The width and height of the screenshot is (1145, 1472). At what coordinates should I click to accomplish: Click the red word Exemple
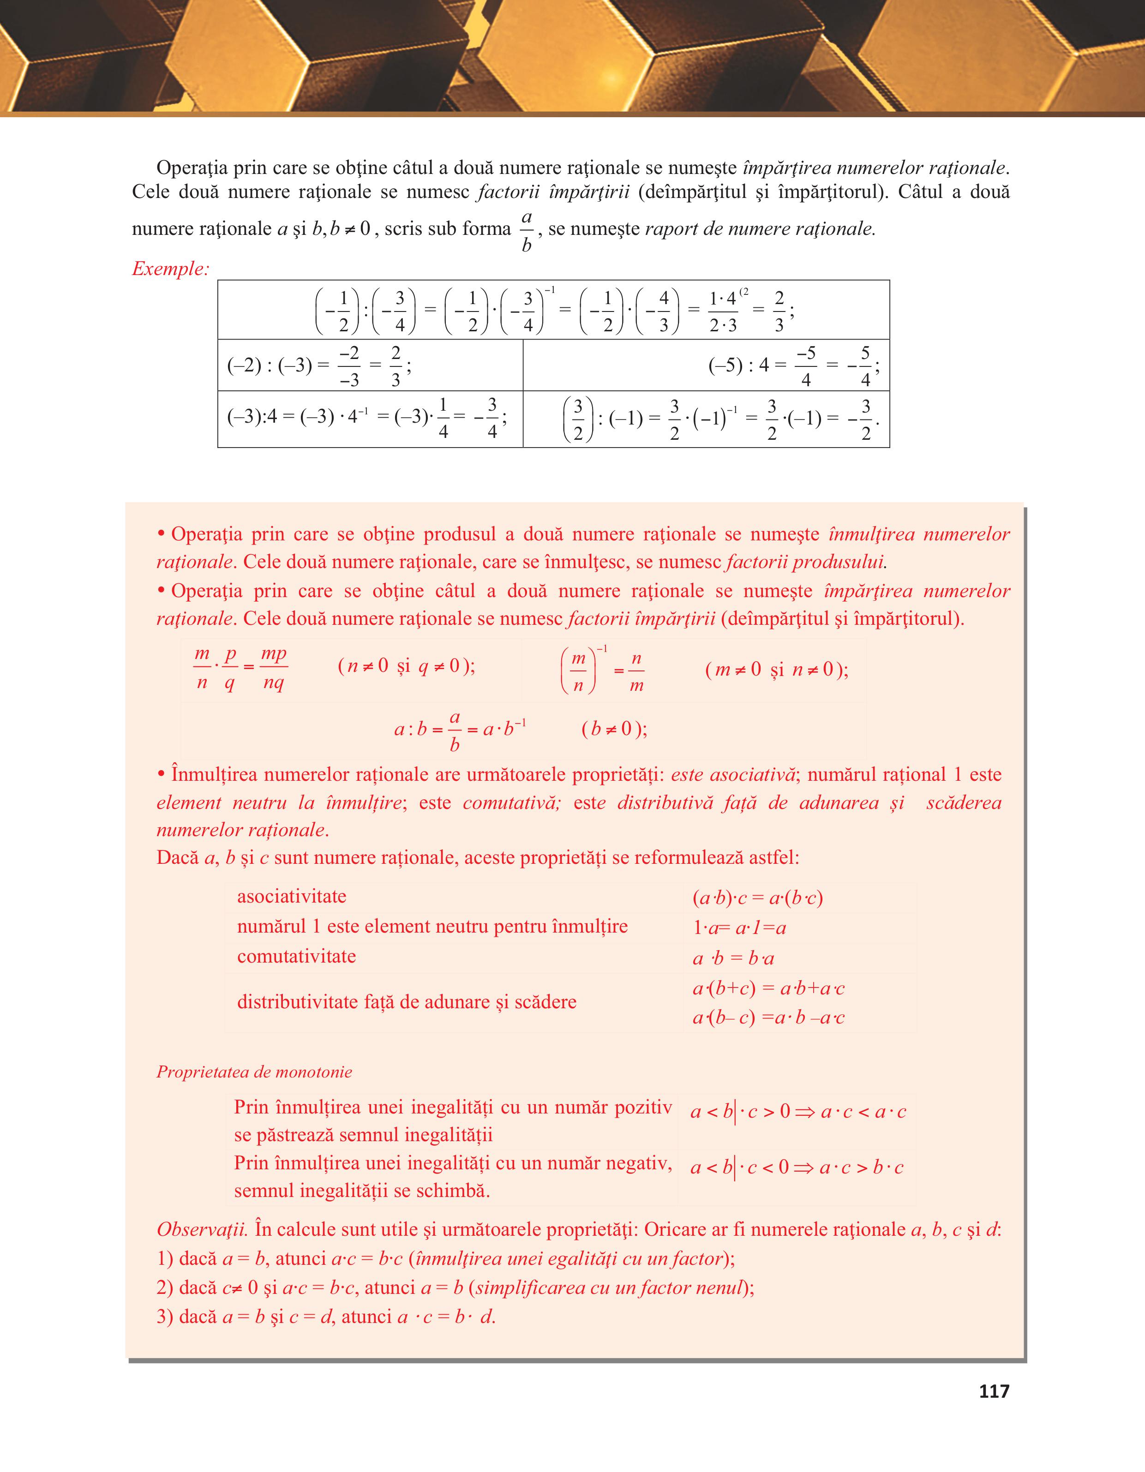pyautogui.click(x=170, y=269)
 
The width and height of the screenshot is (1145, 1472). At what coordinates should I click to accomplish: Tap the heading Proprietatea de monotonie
pyautogui.click(x=254, y=1071)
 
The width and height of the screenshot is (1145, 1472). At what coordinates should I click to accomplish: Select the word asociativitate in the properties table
pyautogui.click(x=291, y=897)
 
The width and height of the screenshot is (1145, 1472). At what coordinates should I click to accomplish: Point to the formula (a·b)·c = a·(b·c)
pyautogui.click(x=757, y=898)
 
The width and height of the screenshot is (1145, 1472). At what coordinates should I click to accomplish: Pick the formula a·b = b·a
pyautogui.click(x=733, y=958)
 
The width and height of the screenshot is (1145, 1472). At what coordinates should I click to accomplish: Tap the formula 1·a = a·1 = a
pyautogui.click(x=739, y=928)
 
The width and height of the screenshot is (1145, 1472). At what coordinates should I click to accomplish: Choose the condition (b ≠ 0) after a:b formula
pyautogui.click(x=614, y=729)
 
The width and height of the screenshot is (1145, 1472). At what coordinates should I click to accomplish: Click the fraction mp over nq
pyautogui.click(x=274, y=668)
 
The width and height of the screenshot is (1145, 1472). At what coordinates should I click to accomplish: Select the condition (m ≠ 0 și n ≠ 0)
pyautogui.click(x=776, y=669)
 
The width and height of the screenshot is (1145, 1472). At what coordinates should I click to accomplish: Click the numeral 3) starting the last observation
pyautogui.click(x=165, y=1316)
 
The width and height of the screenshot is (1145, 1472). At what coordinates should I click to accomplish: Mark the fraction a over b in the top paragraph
pyautogui.click(x=526, y=231)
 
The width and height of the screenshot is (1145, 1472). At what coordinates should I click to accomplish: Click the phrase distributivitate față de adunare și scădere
pyautogui.click(x=407, y=1001)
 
